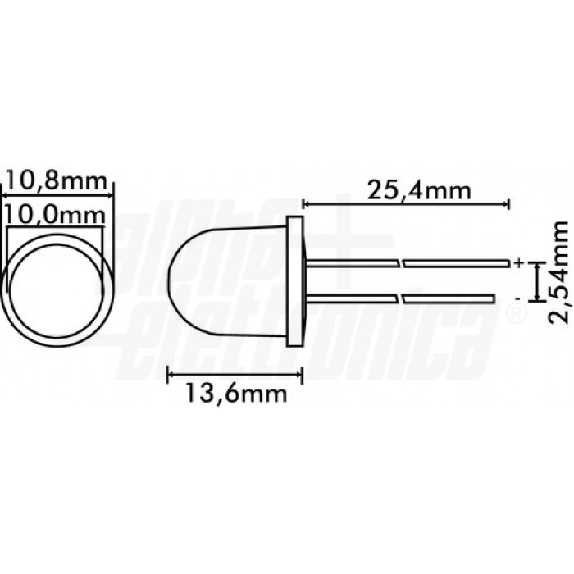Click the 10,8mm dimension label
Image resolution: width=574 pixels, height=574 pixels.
point(57,178)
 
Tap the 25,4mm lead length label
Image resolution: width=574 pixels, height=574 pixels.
point(418,191)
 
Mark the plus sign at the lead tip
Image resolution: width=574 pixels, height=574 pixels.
point(518,263)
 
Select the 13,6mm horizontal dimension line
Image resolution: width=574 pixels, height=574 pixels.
point(235,376)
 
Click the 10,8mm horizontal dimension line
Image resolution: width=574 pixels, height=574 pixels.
point(57,194)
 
